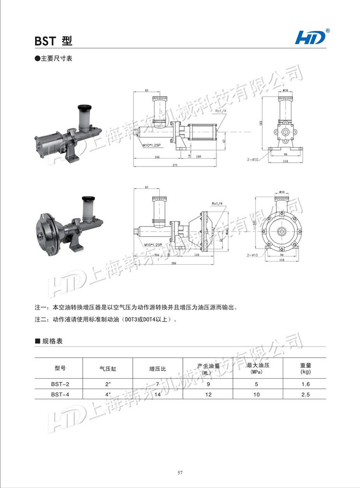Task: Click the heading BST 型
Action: pyautogui.click(x=53, y=41)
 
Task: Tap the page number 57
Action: pyautogui.click(x=180, y=473)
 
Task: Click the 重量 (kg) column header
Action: pyautogui.click(x=305, y=369)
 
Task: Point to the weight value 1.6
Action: pyautogui.click(x=306, y=384)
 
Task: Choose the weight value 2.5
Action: pyautogui.click(x=306, y=394)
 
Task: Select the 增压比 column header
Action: pyautogui.click(x=157, y=369)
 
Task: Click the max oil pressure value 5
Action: pyautogui.click(x=257, y=384)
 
